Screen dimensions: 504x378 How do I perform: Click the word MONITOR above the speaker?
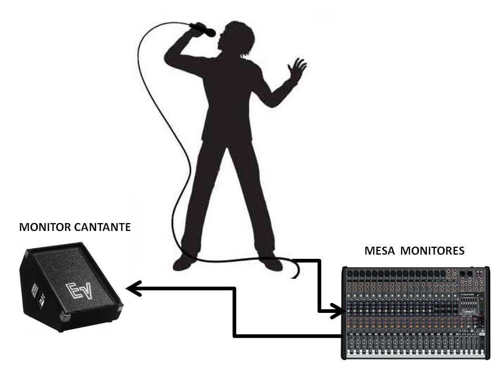[45, 227]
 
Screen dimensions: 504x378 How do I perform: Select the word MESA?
[380, 250]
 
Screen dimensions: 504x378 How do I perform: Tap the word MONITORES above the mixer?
[432, 250]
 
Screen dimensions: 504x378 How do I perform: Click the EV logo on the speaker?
[79, 291]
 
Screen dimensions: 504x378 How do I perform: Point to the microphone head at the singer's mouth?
[211, 33]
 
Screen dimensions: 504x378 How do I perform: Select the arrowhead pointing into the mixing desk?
[338, 311]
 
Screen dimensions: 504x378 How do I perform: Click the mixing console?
[415, 313]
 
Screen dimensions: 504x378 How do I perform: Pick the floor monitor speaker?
[71, 287]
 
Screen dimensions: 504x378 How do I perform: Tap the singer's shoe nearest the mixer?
[271, 263]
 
